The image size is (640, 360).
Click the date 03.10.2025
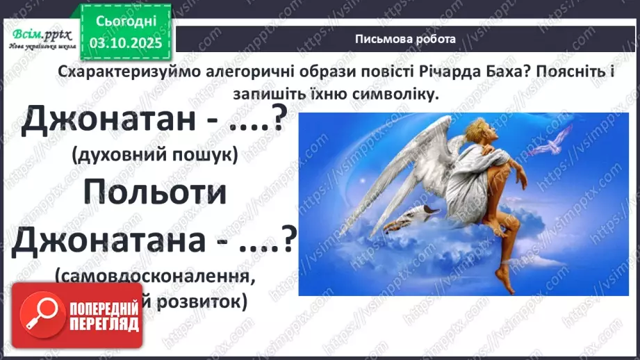126,44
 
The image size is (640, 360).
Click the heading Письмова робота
405,39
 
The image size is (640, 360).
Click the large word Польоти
155,193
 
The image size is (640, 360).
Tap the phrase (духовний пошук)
154,156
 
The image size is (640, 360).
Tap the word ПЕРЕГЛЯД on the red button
104,324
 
